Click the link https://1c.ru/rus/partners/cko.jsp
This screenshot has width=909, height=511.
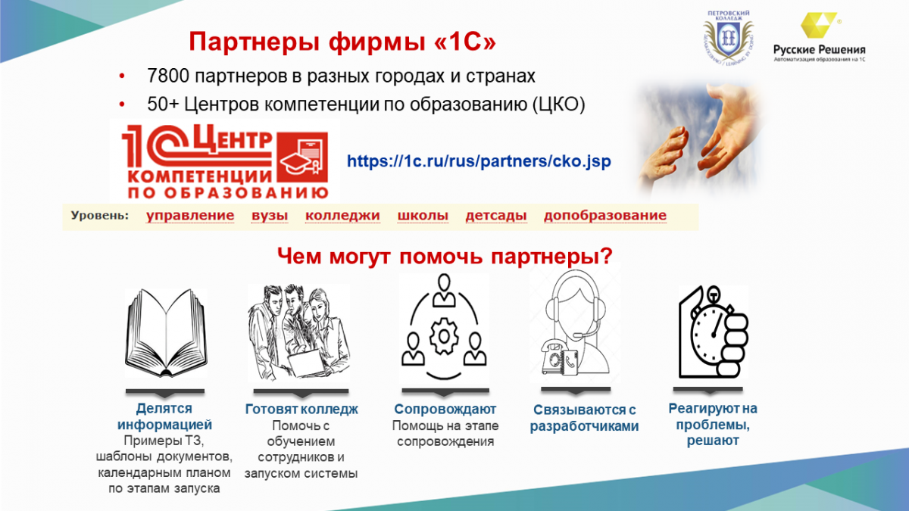pyautogui.click(x=479, y=161)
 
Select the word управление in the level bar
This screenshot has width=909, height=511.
pyautogui.click(x=190, y=215)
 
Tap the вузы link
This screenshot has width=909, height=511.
pyautogui.click(x=270, y=215)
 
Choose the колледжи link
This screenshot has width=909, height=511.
pyautogui.click(x=342, y=215)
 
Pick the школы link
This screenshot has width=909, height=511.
pyautogui.click(x=423, y=215)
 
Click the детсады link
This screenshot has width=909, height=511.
pyautogui.click(x=496, y=215)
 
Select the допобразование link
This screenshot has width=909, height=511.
pyautogui.click(x=605, y=215)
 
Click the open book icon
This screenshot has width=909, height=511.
pyautogui.click(x=166, y=332)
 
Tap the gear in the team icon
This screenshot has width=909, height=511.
pyautogui.click(x=444, y=336)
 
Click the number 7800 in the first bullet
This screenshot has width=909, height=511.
pyautogui.click(x=168, y=76)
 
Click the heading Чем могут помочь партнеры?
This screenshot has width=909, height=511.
pyautogui.click(x=445, y=257)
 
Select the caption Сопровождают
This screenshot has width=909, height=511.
pyautogui.click(x=445, y=410)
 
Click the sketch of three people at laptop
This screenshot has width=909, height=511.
pyautogui.click(x=298, y=332)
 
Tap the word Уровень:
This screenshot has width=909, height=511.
pyautogui.click(x=100, y=215)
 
